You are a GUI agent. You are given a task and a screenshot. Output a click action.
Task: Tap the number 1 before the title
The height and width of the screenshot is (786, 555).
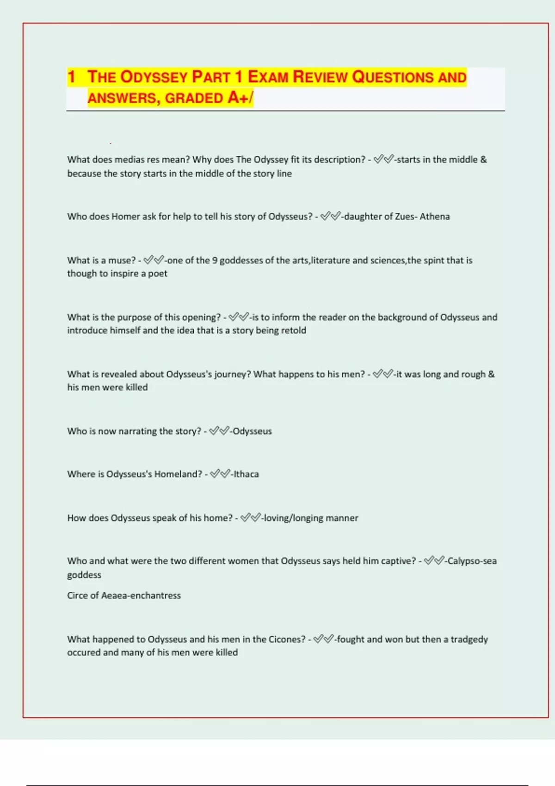click(71, 77)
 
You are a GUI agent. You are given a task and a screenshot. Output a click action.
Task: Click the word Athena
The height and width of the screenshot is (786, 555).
click(435, 216)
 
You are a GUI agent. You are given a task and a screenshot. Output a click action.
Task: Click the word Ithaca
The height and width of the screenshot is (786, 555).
click(246, 474)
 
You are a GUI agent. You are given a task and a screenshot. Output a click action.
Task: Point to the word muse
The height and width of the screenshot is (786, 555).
click(119, 260)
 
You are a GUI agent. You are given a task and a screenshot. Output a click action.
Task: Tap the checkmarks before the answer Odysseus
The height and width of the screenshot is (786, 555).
click(219, 431)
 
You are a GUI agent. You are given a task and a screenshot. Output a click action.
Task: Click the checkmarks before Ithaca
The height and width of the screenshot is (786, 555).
click(220, 474)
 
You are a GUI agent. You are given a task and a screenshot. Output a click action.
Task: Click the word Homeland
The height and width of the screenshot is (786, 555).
click(178, 474)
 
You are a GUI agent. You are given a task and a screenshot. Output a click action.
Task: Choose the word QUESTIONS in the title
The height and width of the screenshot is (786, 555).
click(393, 77)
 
